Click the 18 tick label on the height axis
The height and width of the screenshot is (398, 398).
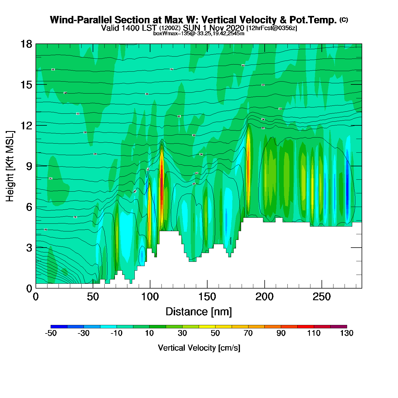pyautogui.click(x=26, y=44)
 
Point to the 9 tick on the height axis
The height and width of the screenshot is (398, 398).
pyautogui.click(x=36, y=166)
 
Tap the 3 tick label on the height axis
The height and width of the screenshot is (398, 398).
pyautogui.click(x=29, y=248)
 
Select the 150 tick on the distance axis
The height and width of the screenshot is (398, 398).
pyautogui.click(x=207, y=288)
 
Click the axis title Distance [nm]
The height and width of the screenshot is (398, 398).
pyautogui.click(x=199, y=312)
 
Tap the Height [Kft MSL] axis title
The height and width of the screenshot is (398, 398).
pyautogui.click(x=10, y=166)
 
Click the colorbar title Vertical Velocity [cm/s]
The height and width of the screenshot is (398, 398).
pyautogui.click(x=199, y=348)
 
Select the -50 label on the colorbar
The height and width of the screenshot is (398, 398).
pyautogui.click(x=51, y=333)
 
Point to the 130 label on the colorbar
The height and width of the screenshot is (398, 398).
pyautogui.click(x=347, y=333)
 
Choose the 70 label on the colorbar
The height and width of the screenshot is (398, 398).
pyautogui.click(x=248, y=333)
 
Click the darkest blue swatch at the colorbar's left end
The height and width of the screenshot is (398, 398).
pyautogui.click(x=59, y=327)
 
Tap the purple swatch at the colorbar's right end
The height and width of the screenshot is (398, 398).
pyautogui.click(x=339, y=327)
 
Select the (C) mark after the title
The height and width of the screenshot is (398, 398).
pyautogui.click(x=343, y=20)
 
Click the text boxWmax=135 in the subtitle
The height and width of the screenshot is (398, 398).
pyautogui.click(x=167, y=34)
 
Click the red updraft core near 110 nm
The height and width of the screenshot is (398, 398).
pyautogui.click(x=162, y=182)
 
